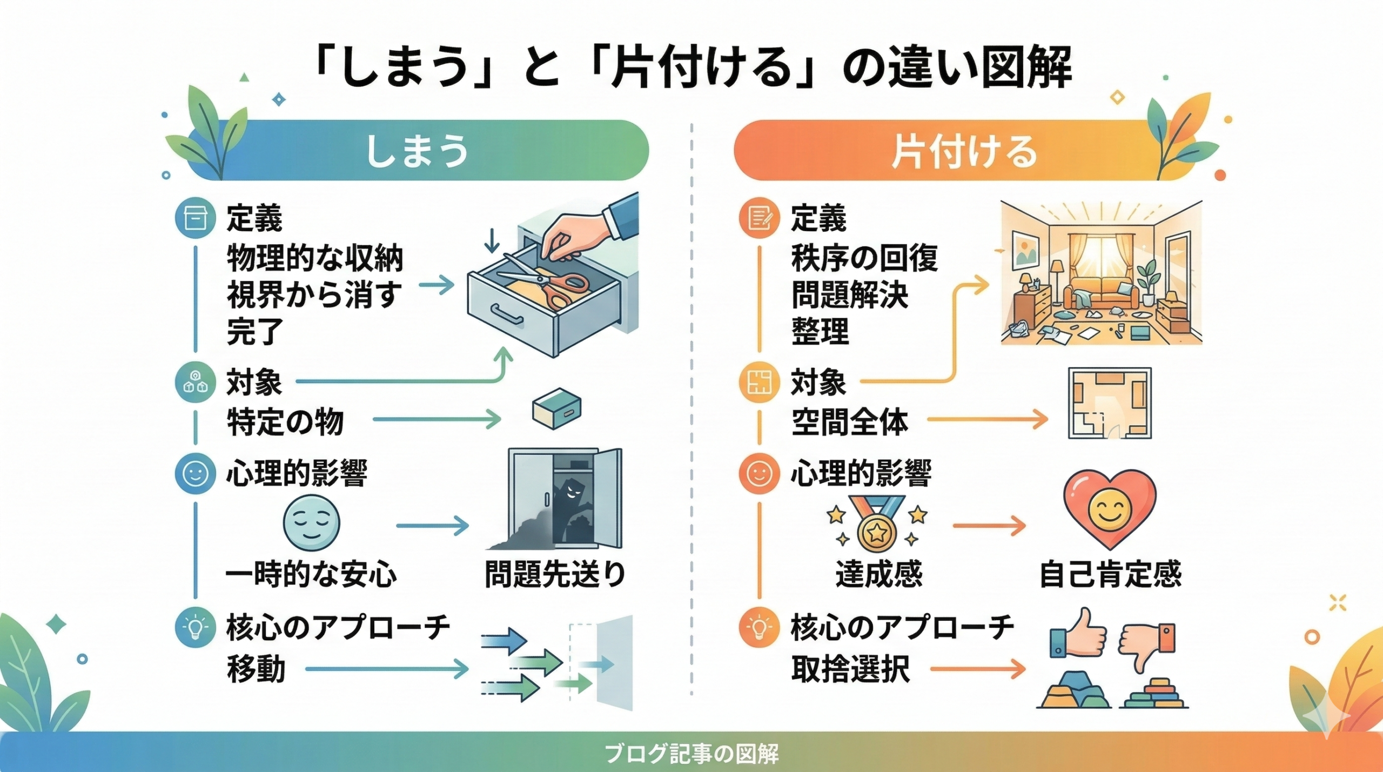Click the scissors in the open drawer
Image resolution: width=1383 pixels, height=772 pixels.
546,284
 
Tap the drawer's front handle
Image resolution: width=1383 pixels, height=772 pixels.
506,315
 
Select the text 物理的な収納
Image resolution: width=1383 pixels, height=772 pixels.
314,258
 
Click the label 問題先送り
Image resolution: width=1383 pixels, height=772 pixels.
555,574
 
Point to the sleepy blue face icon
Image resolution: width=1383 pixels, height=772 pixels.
312,523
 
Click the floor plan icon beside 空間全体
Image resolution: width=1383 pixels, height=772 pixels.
1110,404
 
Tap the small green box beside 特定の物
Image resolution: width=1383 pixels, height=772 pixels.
556,408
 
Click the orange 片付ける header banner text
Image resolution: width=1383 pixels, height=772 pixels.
964,152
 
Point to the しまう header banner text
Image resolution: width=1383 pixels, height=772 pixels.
417,151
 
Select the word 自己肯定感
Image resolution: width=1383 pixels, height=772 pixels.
1111,574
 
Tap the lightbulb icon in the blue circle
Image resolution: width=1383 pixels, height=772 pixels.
196,628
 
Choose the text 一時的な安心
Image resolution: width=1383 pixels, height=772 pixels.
311,574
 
